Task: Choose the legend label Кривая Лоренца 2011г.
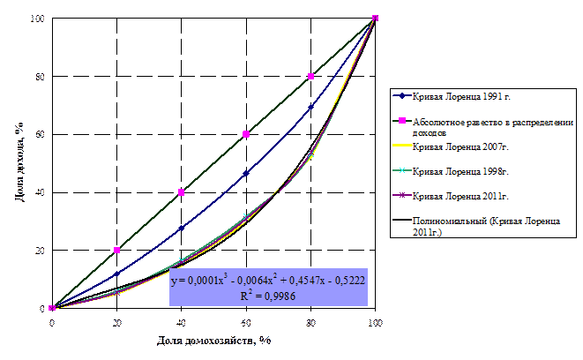pos(460,195)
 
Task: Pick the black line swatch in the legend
pos(401,220)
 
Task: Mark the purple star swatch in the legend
pos(401,195)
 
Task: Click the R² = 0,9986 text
pos(268,296)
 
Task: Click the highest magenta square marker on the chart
pos(376,18)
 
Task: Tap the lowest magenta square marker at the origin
pos(53,308)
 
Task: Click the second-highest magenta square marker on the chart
pos(311,77)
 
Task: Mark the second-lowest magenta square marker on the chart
pos(117,251)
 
